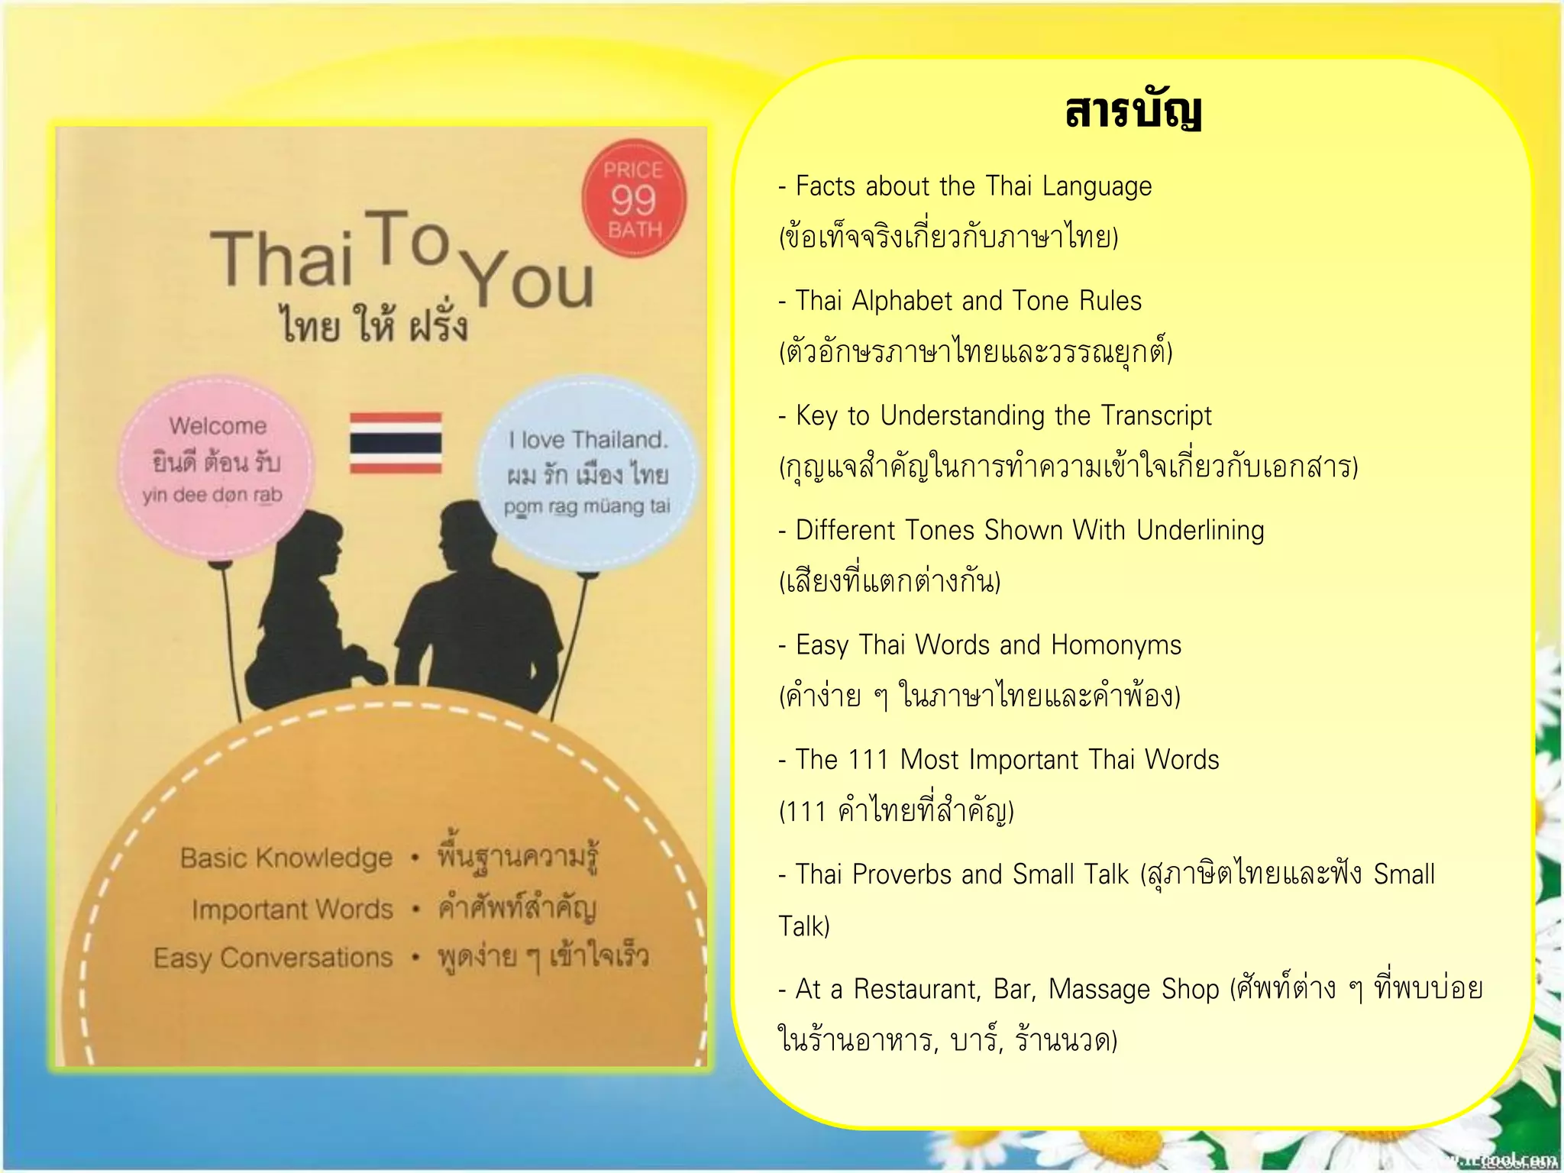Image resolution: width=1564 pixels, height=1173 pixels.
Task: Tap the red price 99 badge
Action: pyautogui.click(x=634, y=199)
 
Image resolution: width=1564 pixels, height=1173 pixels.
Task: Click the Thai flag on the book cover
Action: pyautogui.click(x=396, y=442)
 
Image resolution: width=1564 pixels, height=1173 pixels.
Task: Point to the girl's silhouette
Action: pyautogui.click(x=305, y=611)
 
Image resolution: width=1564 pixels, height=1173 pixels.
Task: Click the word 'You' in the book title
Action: pyautogui.click(x=528, y=279)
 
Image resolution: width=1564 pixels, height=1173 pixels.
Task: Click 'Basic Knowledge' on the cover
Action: pyautogui.click(x=286, y=858)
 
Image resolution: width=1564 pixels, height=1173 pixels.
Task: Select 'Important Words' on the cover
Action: pyautogui.click(x=292, y=909)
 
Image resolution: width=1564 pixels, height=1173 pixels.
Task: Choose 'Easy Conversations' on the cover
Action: pyautogui.click(x=273, y=958)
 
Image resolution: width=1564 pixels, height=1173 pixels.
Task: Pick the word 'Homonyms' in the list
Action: pyautogui.click(x=1116, y=645)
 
